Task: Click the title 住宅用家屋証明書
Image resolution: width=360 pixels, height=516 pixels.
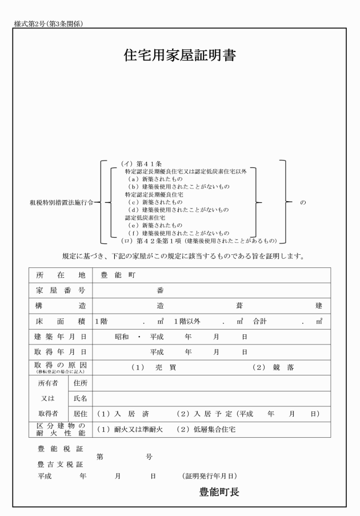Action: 180,55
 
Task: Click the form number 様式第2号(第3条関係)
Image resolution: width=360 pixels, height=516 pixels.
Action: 47,23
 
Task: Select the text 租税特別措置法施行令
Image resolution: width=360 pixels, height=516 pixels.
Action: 61,202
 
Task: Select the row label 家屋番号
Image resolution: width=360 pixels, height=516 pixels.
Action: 60,290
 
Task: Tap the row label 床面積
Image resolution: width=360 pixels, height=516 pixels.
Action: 60,321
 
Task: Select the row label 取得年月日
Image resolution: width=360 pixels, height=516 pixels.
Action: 60,352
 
